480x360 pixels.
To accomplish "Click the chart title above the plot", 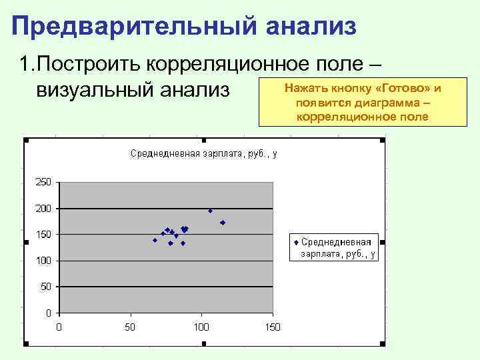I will (x=203, y=154).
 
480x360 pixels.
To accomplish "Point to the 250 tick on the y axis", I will (x=43, y=182).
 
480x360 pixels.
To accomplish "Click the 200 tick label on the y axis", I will (x=43, y=208).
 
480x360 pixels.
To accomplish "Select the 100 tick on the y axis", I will (x=43, y=261).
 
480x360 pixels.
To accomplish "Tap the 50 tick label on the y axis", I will (x=45, y=287).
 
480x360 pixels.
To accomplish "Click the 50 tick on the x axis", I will (x=130, y=327).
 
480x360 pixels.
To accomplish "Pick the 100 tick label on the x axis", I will (x=201, y=327).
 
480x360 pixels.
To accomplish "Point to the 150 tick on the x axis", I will (x=272, y=327).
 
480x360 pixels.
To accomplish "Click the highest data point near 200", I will (x=210, y=211).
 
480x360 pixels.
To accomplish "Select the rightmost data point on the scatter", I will (x=223, y=223).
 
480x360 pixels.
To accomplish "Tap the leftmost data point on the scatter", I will (x=155, y=240).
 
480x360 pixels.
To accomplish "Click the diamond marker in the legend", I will (x=296, y=241).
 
